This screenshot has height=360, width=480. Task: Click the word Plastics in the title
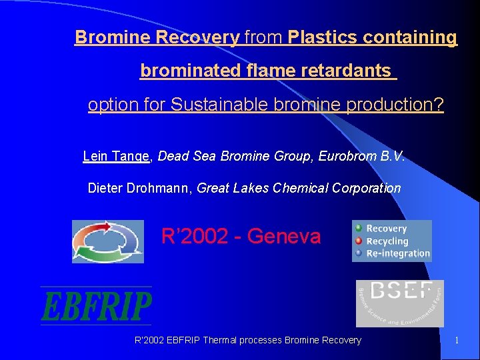point(320,37)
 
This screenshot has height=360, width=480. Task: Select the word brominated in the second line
point(181,70)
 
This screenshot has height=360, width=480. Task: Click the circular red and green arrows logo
point(108,241)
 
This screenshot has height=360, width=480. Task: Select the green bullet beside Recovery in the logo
point(359,229)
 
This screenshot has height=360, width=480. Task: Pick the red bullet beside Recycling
point(359,241)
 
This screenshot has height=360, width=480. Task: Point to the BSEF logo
point(399,303)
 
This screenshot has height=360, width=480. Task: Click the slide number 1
point(457,341)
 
